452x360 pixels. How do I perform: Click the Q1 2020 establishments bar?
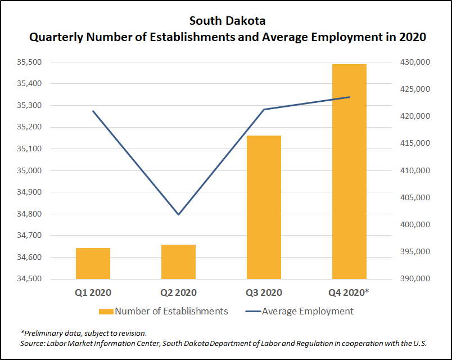pyautogui.click(x=93, y=263)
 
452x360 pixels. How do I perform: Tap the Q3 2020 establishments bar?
pyautogui.click(x=264, y=207)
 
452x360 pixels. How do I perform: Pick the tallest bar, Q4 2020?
pyautogui.click(x=349, y=172)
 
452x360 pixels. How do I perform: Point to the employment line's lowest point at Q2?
pyautogui.click(x=178, y=214)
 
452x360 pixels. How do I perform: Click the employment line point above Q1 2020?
pyautogui.click(x=93, y=111)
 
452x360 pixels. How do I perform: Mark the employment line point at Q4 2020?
pyautogui.click(x=350, y=97)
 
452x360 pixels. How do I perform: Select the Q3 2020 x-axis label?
pyautogui.click(x=264, y=292)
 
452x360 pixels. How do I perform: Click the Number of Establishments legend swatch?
pyautogui.click(x=106, y=311)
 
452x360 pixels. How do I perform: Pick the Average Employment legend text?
pyautogui.click(x=308, y=311)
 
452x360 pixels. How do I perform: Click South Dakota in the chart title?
pyautogui.click(x=227, y=21)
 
